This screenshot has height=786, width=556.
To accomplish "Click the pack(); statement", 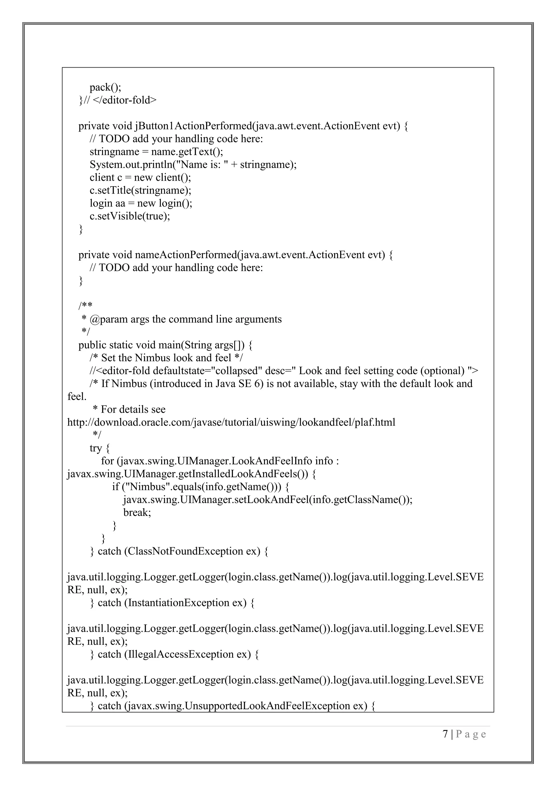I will pos(105,88).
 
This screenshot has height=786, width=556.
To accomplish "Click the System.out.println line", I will pos(193,165).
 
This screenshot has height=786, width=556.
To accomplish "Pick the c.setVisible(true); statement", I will pos(129,216).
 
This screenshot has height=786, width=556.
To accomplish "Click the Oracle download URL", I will pos(231,422).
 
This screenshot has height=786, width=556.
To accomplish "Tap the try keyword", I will pos(96,448).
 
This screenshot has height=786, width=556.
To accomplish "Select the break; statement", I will pos(137,512).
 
